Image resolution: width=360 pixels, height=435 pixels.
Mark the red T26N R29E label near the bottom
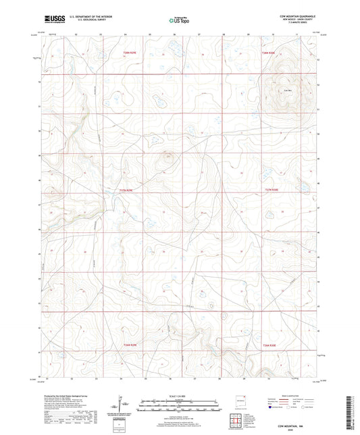click(130, 345)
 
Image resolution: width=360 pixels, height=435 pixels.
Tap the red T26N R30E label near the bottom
click(269, 345)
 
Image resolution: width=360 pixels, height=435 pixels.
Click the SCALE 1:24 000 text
click(180, 395)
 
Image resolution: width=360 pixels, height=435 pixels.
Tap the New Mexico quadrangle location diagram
click(236, 400)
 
